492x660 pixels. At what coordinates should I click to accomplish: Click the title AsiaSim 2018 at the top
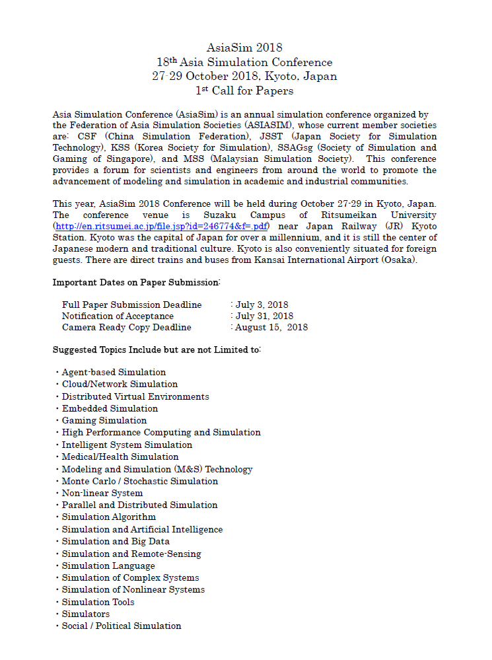[x=244, y=48]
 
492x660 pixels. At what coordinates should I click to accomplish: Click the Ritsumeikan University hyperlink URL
[x=160, y=226]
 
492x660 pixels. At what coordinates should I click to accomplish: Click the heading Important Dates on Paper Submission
[x=136, y=282]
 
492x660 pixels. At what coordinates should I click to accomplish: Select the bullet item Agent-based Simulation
[x=114, y=373]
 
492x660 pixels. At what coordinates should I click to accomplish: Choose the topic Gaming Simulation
[x=104, y=420]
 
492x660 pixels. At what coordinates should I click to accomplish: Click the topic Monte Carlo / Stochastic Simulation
[x=139, y=481]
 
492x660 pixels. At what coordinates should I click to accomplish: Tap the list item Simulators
[x=86, y=614]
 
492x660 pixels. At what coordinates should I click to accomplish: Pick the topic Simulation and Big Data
[x=116, y=541]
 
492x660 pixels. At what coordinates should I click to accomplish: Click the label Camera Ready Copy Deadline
[x=126, y=327]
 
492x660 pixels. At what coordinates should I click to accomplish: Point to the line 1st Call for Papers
[x=244, y=91]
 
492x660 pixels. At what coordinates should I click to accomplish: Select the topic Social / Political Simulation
[x=122, y=626]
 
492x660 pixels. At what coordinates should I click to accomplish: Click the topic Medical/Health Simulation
[x=120, y=457]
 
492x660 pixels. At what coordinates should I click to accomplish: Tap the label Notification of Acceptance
[x=118, y=316]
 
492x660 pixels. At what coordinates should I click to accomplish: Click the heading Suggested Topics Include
[x=157, y=349]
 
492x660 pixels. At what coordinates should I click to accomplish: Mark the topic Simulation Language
[x=108, y=566]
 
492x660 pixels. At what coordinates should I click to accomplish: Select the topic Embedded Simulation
[x=110, y=408]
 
